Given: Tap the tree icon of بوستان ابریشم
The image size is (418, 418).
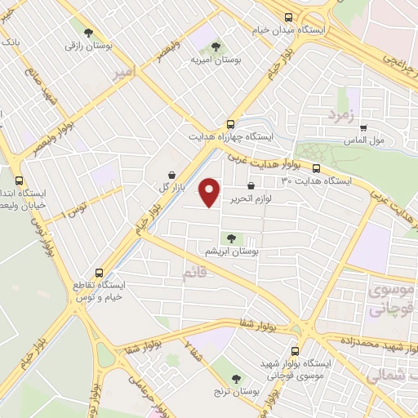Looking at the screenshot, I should click(233, 238).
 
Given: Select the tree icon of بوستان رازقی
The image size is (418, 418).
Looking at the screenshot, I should click(87, 33).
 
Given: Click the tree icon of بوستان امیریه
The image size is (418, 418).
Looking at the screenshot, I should click(216, 47).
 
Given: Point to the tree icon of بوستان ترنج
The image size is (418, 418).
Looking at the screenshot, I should click(236, 378).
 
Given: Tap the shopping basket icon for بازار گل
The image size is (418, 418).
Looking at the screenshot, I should click(171, 175).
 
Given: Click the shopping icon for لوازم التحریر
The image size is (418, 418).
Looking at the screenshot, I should click(261, 185).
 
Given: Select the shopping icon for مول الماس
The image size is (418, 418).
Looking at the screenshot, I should click(363, 127).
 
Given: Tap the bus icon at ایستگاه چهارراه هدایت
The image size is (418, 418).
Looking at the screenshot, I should click(231, 124).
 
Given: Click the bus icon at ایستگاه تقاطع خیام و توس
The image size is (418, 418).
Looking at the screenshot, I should click(99, 273).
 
